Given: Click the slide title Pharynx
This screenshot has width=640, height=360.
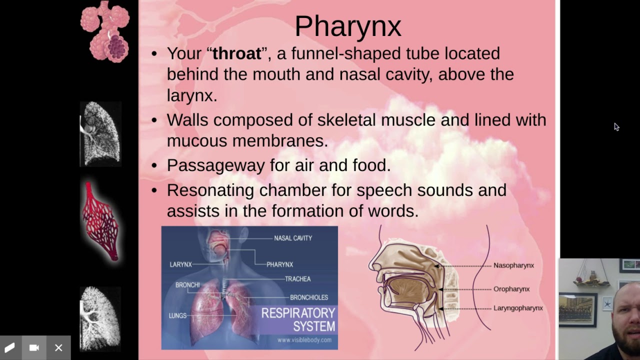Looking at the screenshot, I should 347,26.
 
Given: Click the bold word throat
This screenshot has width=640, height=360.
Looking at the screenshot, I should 237,53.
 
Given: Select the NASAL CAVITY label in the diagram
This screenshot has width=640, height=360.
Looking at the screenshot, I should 293,238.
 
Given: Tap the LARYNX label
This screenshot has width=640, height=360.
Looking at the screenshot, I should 180,264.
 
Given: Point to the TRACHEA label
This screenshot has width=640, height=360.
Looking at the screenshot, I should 297,279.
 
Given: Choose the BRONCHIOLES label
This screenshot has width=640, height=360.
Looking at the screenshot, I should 309,297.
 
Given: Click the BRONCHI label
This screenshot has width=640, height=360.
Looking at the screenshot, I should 187,285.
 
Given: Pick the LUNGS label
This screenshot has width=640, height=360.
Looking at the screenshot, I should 177,316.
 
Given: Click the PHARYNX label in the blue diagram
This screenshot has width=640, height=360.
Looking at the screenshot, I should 279,264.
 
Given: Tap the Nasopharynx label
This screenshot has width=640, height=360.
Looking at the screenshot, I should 513,265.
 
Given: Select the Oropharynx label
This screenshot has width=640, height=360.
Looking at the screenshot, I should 511,289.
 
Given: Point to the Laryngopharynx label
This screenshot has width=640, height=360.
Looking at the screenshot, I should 518,308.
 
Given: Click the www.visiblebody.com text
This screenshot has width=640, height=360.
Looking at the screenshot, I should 304,340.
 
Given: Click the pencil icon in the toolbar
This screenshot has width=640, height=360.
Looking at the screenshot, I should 10,347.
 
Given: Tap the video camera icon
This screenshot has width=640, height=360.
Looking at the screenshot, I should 34,347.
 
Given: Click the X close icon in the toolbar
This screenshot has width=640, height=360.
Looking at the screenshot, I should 58,347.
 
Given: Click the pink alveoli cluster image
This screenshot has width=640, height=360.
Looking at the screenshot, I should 105,31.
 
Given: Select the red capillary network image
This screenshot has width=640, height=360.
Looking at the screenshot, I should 101,221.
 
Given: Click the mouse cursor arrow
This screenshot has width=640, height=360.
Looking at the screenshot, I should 616,126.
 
